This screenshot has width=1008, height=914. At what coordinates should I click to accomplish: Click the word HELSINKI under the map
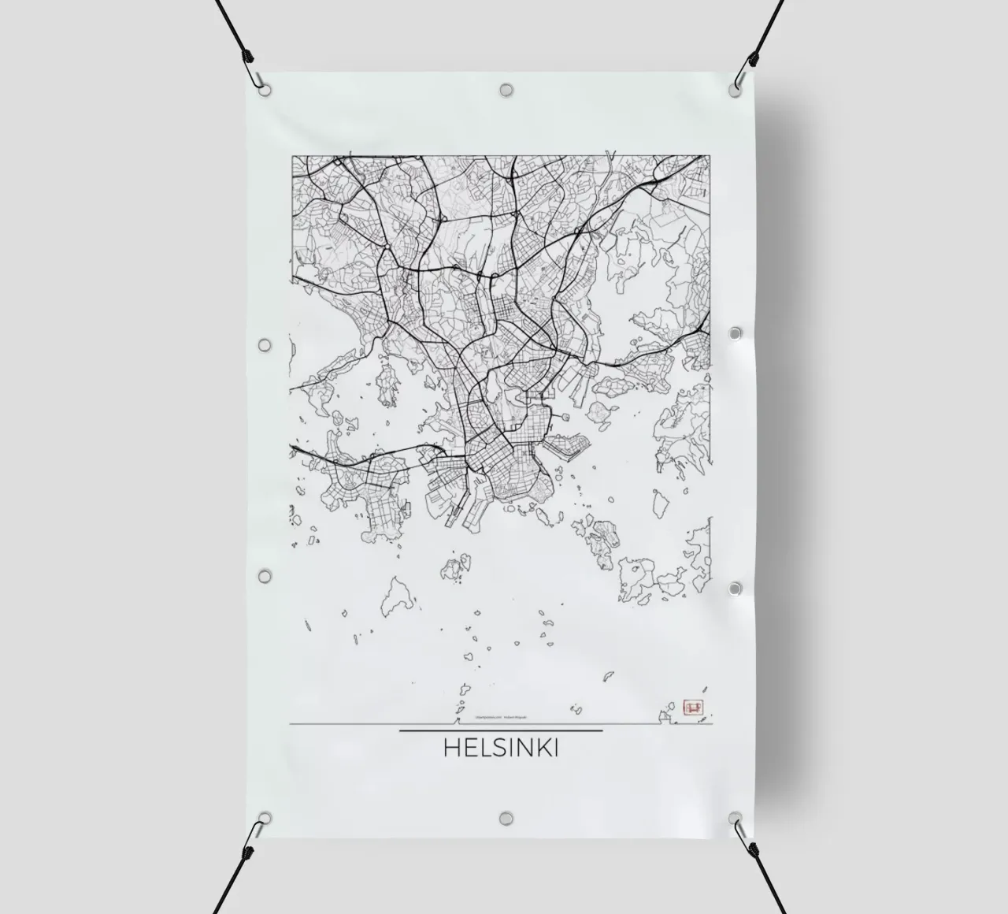[x=501, y=747]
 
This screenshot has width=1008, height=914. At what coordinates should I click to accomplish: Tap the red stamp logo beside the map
[x=694, y=707]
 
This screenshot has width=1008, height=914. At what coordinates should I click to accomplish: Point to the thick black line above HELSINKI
[x=501, y=730]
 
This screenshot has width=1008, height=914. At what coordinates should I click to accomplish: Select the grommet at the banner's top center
[x=506, y=90]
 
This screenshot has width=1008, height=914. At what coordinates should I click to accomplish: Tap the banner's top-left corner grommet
[x=265, y=90]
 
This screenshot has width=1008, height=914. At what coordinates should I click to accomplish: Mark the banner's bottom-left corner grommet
[x=265, y=818]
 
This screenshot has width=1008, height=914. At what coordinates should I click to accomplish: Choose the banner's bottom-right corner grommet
[x=736, y=818]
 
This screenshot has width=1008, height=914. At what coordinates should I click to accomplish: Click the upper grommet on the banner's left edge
[x=265, y=345]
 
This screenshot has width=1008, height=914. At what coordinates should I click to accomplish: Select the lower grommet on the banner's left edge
[x=265, y=576]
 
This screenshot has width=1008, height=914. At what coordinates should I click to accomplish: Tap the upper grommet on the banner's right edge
[x=736, y=334]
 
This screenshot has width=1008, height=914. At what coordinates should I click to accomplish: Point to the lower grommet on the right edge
[x=736, y=589]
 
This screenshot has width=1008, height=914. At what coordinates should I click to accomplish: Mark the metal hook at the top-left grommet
[x=257, y=80]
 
